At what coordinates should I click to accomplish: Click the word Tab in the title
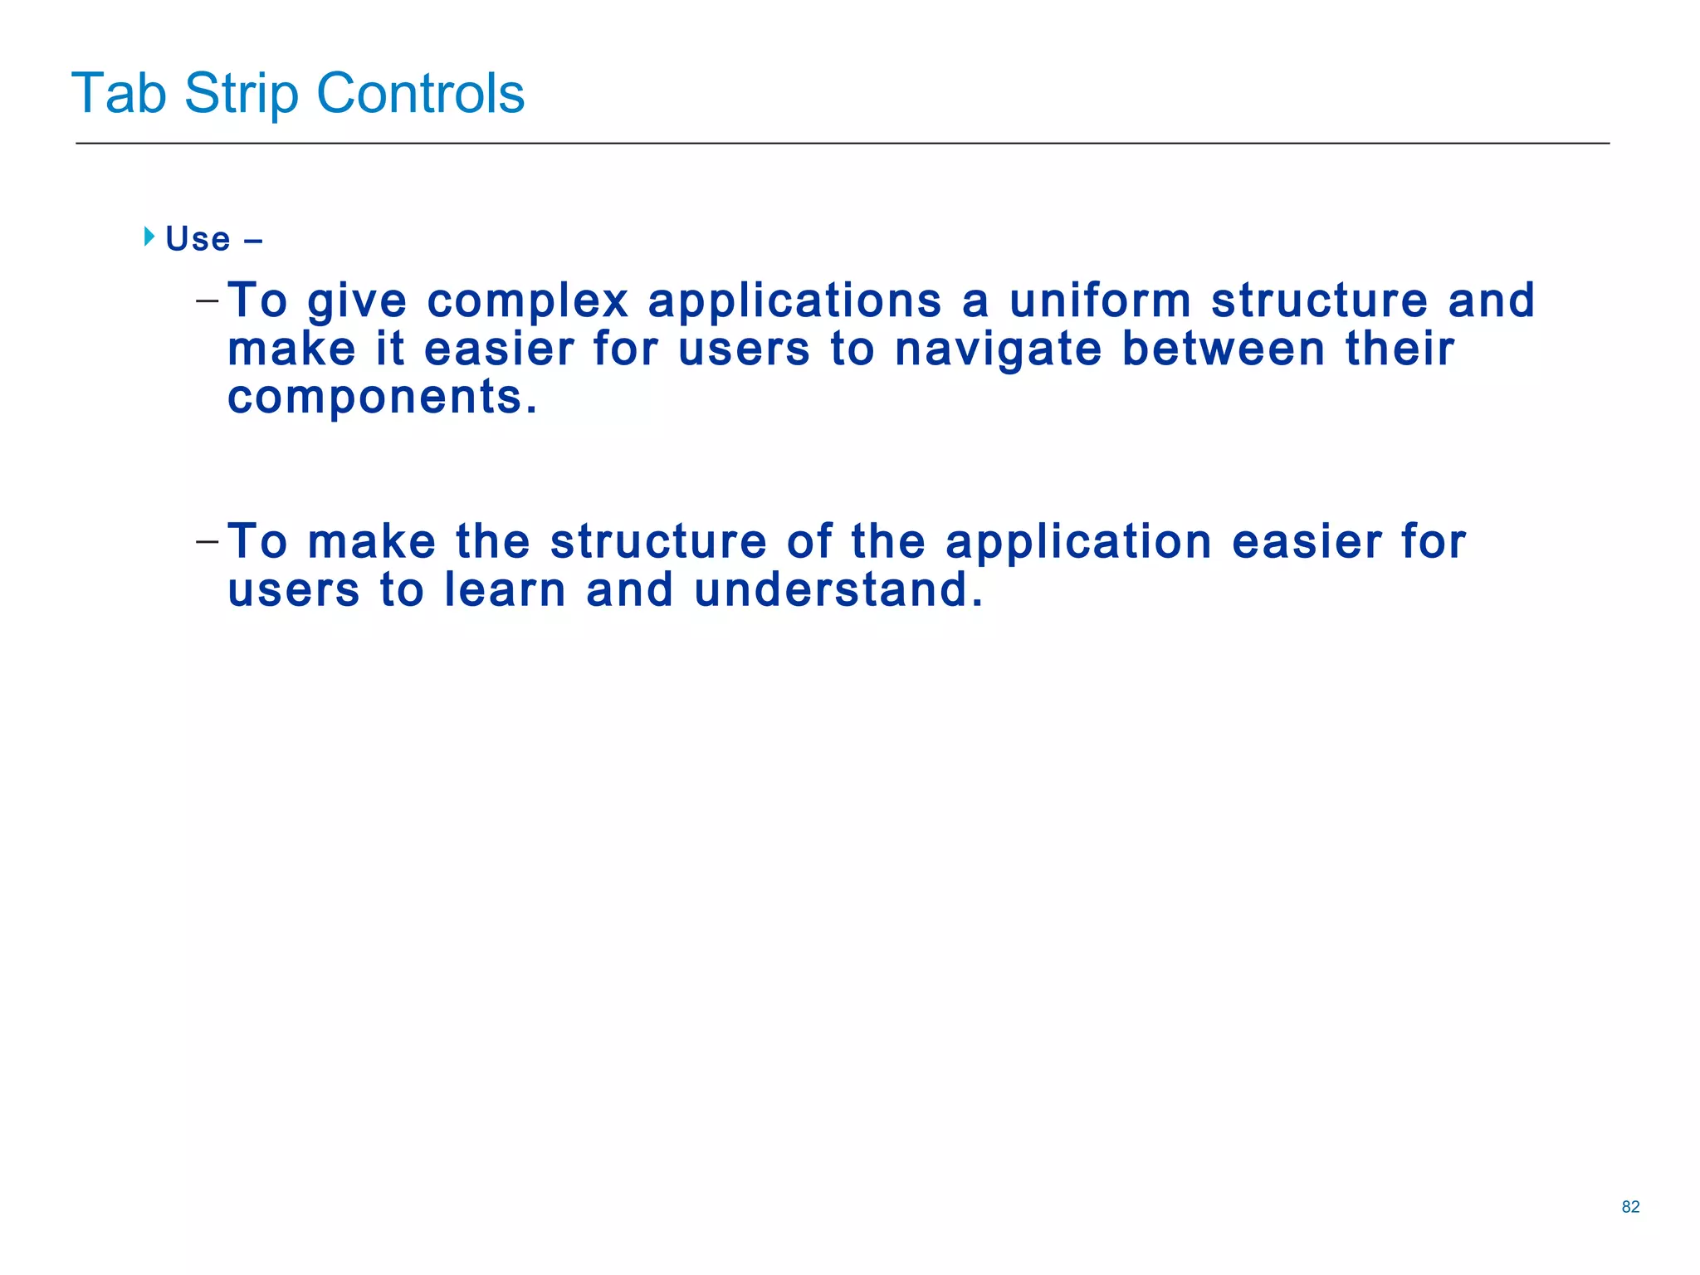coord(119,93)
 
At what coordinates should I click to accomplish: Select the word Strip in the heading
coord(241,93)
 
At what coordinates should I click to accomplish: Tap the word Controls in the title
coord(420,93)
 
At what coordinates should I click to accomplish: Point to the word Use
coord(198,239)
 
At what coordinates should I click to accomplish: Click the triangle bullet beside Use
coord(149,237)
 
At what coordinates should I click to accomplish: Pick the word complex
coord(528,301)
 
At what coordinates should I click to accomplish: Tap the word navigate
coord(998,349)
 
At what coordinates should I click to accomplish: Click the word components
coord(382,398)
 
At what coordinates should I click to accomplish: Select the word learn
coord(505,590)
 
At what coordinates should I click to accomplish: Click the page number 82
coord(1630,1207)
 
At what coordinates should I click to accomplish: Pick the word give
coord(357,301)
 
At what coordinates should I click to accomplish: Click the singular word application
coord(1078,543)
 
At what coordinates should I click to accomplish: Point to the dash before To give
coord(208,300)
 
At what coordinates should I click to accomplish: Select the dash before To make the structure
coord(208,541)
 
